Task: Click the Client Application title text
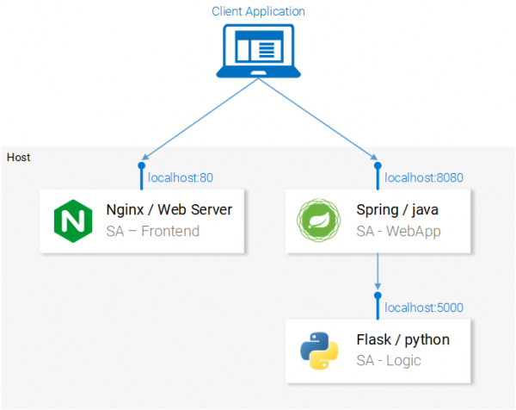pyautogui.click(x=258, y=11)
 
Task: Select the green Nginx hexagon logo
pyautogui.click(x=72, y=222)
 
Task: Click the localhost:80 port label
pyautogui.click(x=181, y=178)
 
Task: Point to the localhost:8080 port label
pyautogui.click(x=424, y=178)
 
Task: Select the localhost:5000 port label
pyautogui.click(x=424, y=307)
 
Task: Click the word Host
pyautogui.click(x=18, y=158)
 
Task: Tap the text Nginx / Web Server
pyautogui.click(x=169, y=210)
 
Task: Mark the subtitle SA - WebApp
pyautogui.click(x=399, y=231)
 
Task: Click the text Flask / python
pyautogui.click(x=402, y=339)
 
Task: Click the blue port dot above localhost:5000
pyautogui.click(x=377, y=295)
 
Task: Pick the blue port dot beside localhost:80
pyautogui.click(x=141, y=167)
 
